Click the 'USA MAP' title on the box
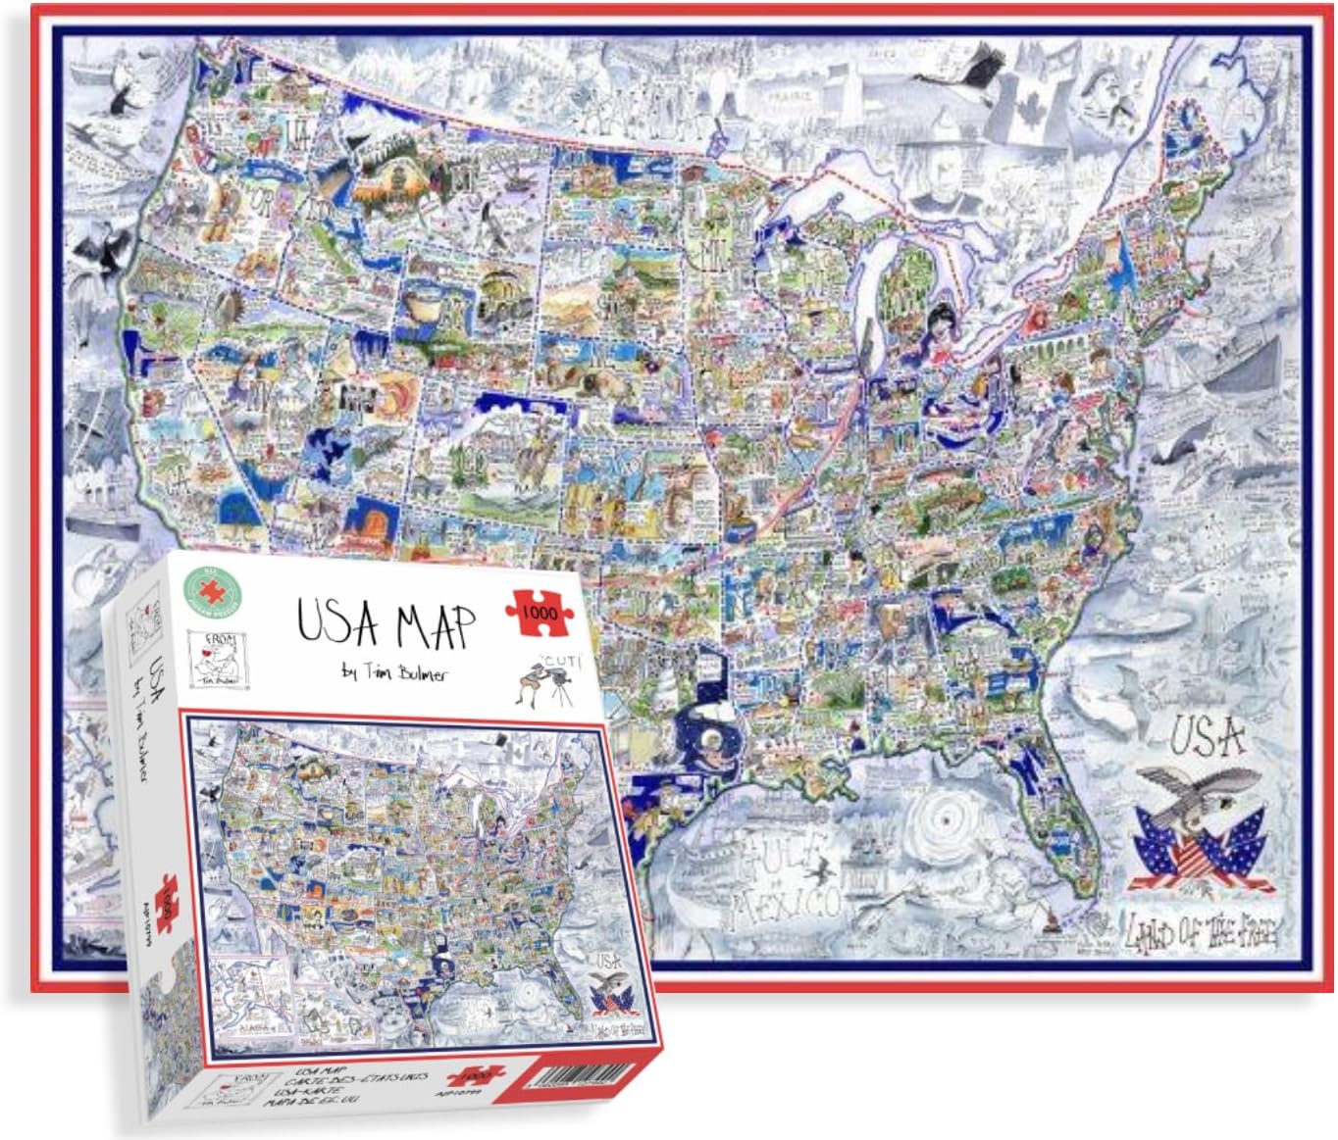point(386,624)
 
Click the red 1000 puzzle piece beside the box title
point(537,611)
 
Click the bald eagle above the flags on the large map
point(1197,795)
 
